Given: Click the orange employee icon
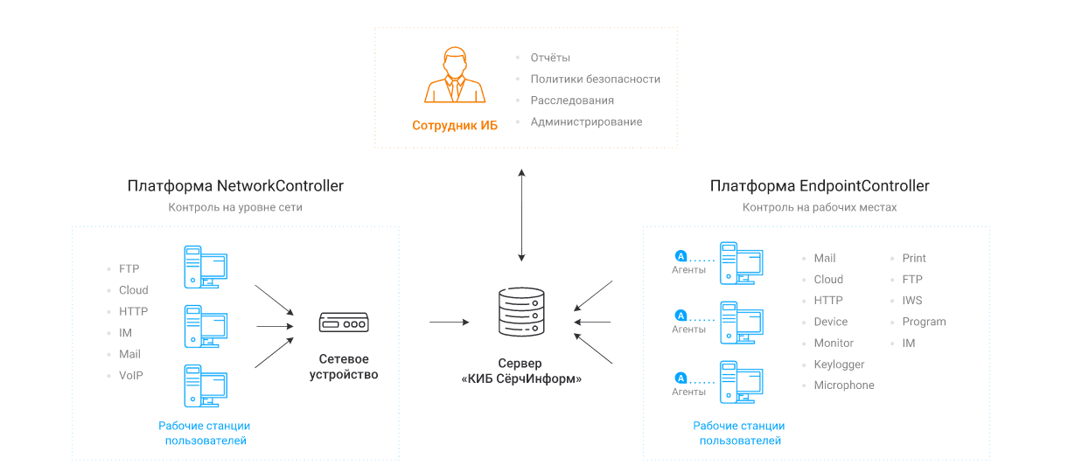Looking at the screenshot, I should [x=455, y=77].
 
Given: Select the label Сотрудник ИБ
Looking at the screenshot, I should [x=455, y=125].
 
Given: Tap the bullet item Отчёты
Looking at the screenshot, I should [x=550, y=58].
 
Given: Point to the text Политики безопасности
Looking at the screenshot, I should [x=595, y=79].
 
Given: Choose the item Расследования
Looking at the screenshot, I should [x=572, y=101].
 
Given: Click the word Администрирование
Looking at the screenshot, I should [x=586, y=121].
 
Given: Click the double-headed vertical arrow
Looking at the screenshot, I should [x=522, y=215].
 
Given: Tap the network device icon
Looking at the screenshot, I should [x=343, y=323].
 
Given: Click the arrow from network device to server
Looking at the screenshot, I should [x=449, y=323].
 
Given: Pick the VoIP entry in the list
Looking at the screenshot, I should [x=131, y=375].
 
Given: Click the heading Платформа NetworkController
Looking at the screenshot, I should [x=235, y=185].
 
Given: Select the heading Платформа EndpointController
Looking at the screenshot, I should [x=820, y=185].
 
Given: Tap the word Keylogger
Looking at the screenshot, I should [x=839, y=364].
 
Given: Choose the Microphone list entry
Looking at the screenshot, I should [x=844, y=385].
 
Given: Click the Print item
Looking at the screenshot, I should [x=914, y=258].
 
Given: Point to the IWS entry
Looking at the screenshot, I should [x=912, y=301].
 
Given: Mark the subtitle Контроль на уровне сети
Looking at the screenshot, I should [x=235, y=207].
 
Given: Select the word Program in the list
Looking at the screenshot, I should [x=924, y=322].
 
